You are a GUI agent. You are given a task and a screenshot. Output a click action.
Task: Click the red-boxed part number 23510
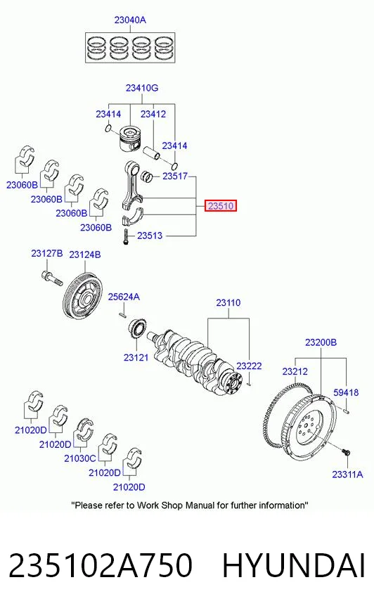[221, 206]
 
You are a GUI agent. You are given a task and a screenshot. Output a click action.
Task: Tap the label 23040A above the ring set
[130, 20]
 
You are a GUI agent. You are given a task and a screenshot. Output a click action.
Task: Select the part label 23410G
[142, 88]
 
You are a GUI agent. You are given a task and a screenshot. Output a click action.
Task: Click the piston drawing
[130, 139]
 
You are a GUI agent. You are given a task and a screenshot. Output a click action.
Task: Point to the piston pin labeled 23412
[151, 153]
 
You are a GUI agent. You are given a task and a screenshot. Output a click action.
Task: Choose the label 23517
[175, 176]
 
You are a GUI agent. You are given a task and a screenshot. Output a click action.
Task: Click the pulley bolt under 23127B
[51, 278]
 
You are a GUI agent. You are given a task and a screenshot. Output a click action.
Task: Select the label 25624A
[124, 297]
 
